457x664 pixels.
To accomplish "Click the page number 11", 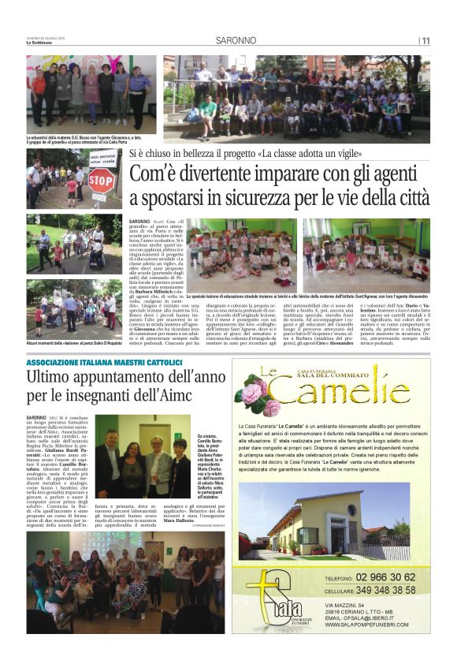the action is click(x=425, y=41).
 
